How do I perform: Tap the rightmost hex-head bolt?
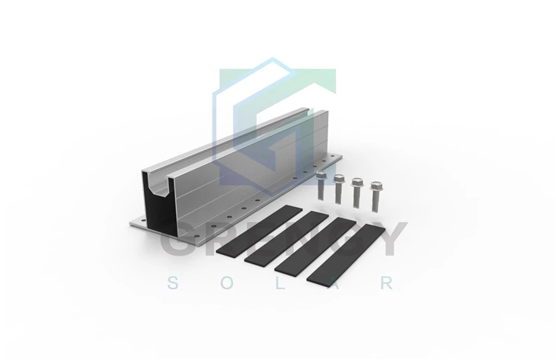coord(375,195)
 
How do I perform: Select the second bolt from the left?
coord(339,190)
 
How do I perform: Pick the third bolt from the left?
coord(357,193)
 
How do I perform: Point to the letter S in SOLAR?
coord(173,284)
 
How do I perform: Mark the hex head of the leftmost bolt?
coord(321,176)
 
